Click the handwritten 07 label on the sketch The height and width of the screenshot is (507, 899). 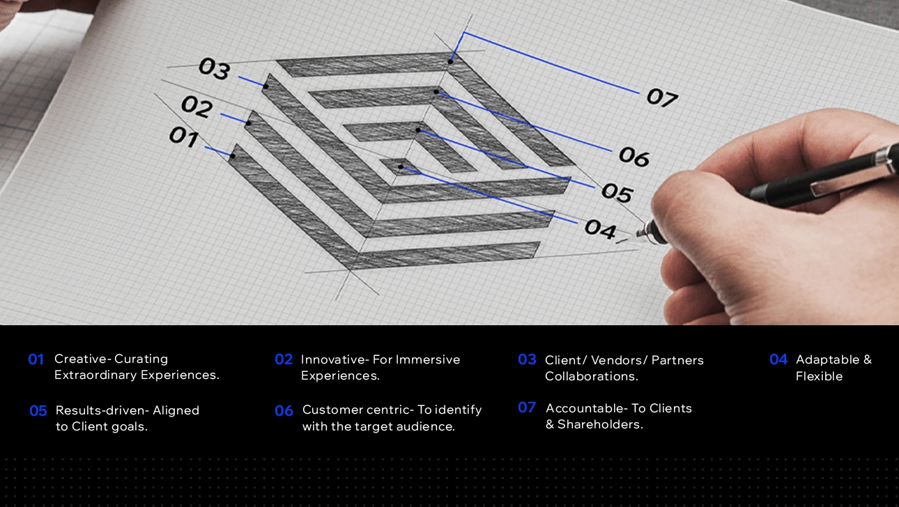[x=662, y=97]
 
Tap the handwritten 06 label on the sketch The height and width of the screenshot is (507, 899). [x=634, y=156]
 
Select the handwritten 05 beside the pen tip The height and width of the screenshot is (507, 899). [x=617, y=192]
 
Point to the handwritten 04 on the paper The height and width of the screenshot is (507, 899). [x=600, y=229]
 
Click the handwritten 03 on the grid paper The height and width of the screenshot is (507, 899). [x=215, y=68]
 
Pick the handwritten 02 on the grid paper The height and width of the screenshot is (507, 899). [x=197, y=107]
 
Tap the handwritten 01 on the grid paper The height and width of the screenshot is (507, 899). [x=184, y=137]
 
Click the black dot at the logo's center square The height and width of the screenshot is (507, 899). [x=401, y=166]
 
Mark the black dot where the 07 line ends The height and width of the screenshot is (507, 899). [x=450, y=61]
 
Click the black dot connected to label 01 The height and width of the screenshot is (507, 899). [x=232, y=156]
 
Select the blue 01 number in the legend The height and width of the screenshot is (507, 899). [x=36, y=359]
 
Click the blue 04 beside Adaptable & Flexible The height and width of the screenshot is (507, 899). [x=778, y=359]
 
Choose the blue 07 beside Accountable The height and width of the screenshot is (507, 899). [x=527, y=407]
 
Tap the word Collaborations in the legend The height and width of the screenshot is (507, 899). [x=591, y=376]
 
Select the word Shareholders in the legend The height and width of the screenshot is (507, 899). [x=600, y=424]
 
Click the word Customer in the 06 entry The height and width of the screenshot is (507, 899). [x=332, y=410]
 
